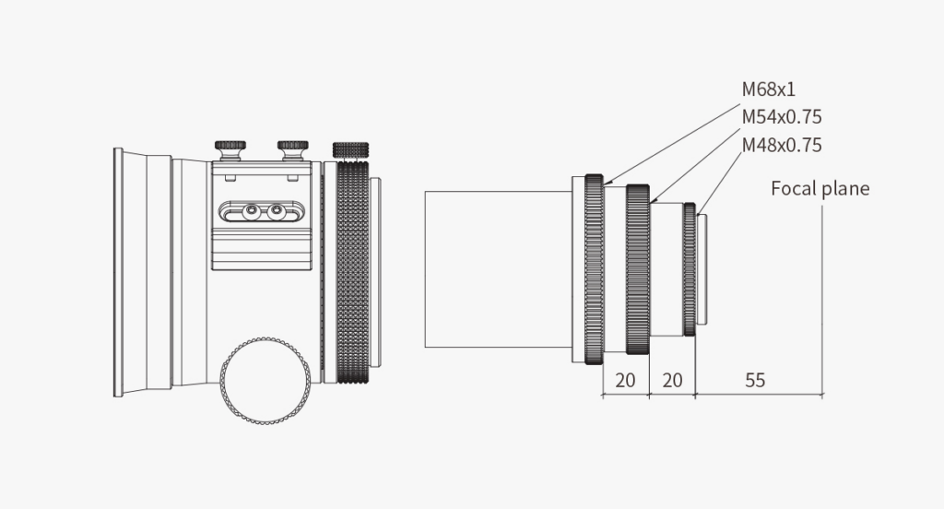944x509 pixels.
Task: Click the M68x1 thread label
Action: (x=768, y=89)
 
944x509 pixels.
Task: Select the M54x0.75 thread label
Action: (x=782, y=116)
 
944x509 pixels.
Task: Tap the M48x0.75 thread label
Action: (x=782, y=145)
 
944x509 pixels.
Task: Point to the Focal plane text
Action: (x=820, y=188)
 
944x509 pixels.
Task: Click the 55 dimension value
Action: (x=755, y=380)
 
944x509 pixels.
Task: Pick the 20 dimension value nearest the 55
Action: (x=672, y=380)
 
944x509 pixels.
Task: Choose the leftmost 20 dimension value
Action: (x=626, y=380)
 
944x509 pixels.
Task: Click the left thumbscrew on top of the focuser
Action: (x=230, y=150)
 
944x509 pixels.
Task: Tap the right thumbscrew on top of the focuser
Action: (x=292, y=150)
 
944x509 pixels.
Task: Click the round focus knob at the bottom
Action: (x=265, y=381)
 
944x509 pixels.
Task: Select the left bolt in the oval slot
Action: (x=251, y=211)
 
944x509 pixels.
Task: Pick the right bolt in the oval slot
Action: (x=277, y=211)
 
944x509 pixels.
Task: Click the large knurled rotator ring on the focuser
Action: (x=352, y=272)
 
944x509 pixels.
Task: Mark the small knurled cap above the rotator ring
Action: (x=350, y=150)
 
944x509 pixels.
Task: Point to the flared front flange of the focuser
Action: (x=129, y=272)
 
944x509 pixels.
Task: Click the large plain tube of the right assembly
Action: (x=498, y=269)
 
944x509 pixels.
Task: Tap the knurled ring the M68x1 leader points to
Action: (x=594, y=269)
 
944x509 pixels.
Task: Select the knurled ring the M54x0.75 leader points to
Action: (x=638, y=269)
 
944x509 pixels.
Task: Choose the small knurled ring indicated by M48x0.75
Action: (x=690, y=269)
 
